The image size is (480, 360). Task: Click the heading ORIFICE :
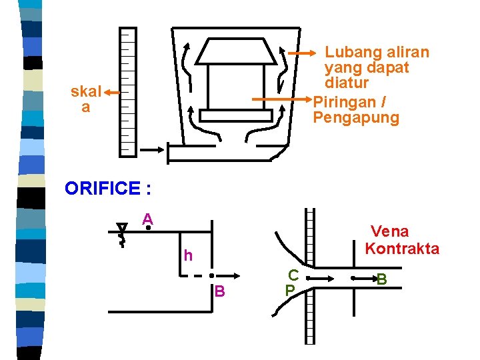(x=108, y=189)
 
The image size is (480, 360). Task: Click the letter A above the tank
(x=147, y=219)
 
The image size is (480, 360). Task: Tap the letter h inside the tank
(x=189, y=255)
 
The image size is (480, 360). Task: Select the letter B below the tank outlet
(x=220, y=291)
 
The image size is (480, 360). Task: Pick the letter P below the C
(x=289, y=291)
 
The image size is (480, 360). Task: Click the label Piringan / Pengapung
(x=356, y=110)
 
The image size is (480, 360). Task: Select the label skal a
(x=85, y=99)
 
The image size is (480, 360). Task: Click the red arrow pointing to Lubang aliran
(x=303, y=53)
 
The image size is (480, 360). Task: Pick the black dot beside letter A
(x=147, y=228)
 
